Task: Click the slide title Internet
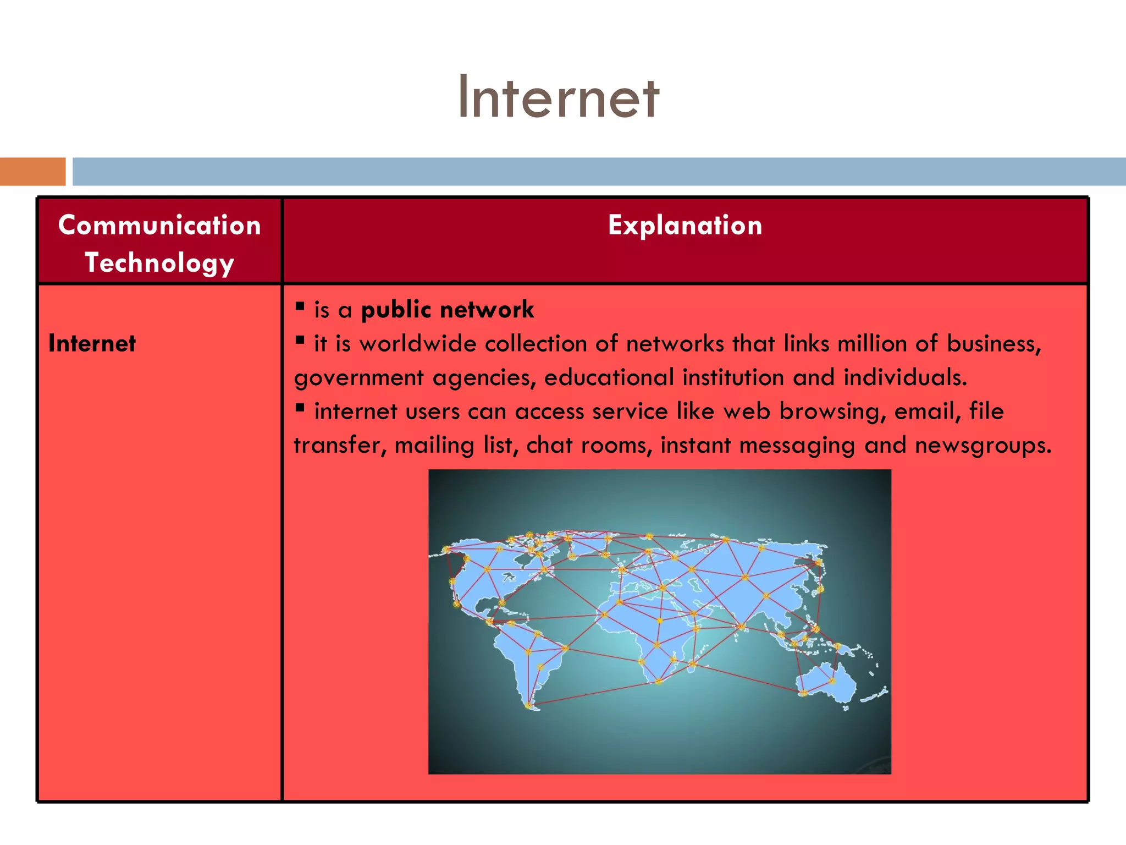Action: click(x=559, y=98)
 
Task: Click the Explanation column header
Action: click(x=685, y=226)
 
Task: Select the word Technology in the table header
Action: click(x=159, y=262)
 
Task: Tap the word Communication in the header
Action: click(x=159, y=226)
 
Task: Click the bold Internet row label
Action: click(x=92, y=344)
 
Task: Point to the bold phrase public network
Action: click(x=447, y=310)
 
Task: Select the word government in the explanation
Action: click(x=358, y=378)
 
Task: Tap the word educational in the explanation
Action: click(x=609, y=377)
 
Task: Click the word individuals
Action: click(x=904, y=377)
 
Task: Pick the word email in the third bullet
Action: click(x=927, y=411)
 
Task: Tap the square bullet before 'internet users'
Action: click(x=300, y=408)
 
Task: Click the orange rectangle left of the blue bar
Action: click(x=32, y=172)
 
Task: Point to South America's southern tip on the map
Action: click(x=529, y=705)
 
